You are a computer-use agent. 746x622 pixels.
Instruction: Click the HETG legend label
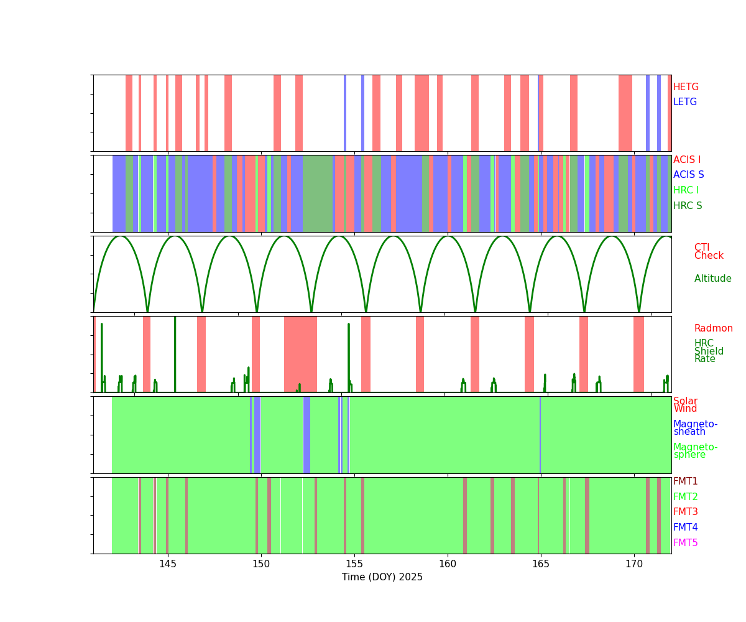pos(686,87)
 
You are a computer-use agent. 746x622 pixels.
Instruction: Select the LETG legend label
pos(684,102)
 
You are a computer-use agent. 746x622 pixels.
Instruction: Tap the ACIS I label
pos(687,159)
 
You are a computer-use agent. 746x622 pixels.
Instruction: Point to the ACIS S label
pos(688,174)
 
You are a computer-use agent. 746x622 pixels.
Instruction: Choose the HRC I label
pos(686,190)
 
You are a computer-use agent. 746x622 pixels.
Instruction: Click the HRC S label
pos(688,205)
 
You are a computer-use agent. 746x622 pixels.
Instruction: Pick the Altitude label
pos(713,279)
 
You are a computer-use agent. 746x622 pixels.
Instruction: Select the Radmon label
pos(713,328)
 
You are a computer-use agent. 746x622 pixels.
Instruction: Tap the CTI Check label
pos(709,251)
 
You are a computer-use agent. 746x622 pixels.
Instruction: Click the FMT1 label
pos(685,481)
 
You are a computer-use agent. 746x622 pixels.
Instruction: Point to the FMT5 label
pos(685,542)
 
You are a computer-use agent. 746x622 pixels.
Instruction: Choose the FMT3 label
pos(685,511)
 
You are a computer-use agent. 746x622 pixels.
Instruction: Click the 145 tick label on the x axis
pos(168,564)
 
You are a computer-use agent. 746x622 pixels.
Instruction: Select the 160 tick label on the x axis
pos(448,564)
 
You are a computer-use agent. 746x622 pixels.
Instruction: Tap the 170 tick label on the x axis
pos(634,564)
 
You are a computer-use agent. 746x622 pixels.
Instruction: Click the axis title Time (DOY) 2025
pos(382,577)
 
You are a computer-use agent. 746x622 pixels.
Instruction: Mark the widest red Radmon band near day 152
pos(300,355)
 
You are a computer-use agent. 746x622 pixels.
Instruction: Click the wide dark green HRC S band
pos(318,193)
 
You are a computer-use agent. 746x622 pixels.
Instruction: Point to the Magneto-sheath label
pos(695,428)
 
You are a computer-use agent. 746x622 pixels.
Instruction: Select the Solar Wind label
pos(685,405)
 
